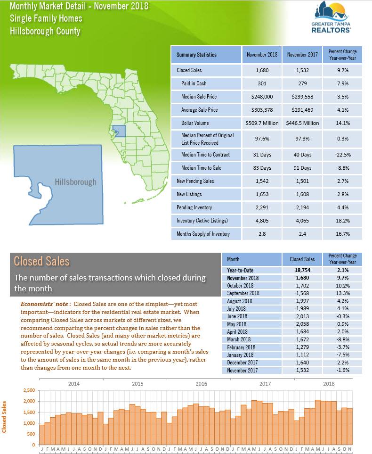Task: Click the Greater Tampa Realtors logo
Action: pos(331,17)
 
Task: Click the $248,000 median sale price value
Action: pos(262,97)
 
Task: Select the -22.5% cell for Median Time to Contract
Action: pos(343,155)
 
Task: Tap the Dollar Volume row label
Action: pos(195,123)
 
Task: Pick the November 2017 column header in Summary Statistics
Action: pos(302,54)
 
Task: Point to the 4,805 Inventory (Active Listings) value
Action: pos(262,221)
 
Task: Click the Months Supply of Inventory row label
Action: pos(203,234)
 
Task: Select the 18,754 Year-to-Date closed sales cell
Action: pos(302,270)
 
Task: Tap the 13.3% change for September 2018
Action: pos(343,293)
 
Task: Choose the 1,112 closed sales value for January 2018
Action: pos(302,355)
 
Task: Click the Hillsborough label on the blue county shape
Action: pos(75,182)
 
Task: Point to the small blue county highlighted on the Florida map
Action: pos(119,131)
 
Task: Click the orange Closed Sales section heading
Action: pos(41,261)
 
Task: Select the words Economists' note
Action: pos(44,304)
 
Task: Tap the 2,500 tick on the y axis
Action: pos(29,390)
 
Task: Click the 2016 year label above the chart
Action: pos(202,384)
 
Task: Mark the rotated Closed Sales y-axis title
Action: pos(4,417)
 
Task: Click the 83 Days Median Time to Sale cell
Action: pos(262,168)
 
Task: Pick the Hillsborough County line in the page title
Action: pos(45,31)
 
